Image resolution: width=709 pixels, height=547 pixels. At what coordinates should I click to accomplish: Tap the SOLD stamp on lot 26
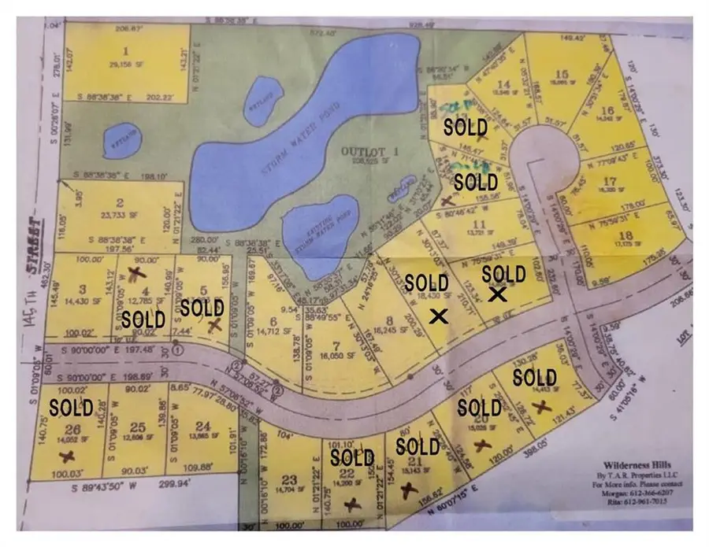pos(71,408)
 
